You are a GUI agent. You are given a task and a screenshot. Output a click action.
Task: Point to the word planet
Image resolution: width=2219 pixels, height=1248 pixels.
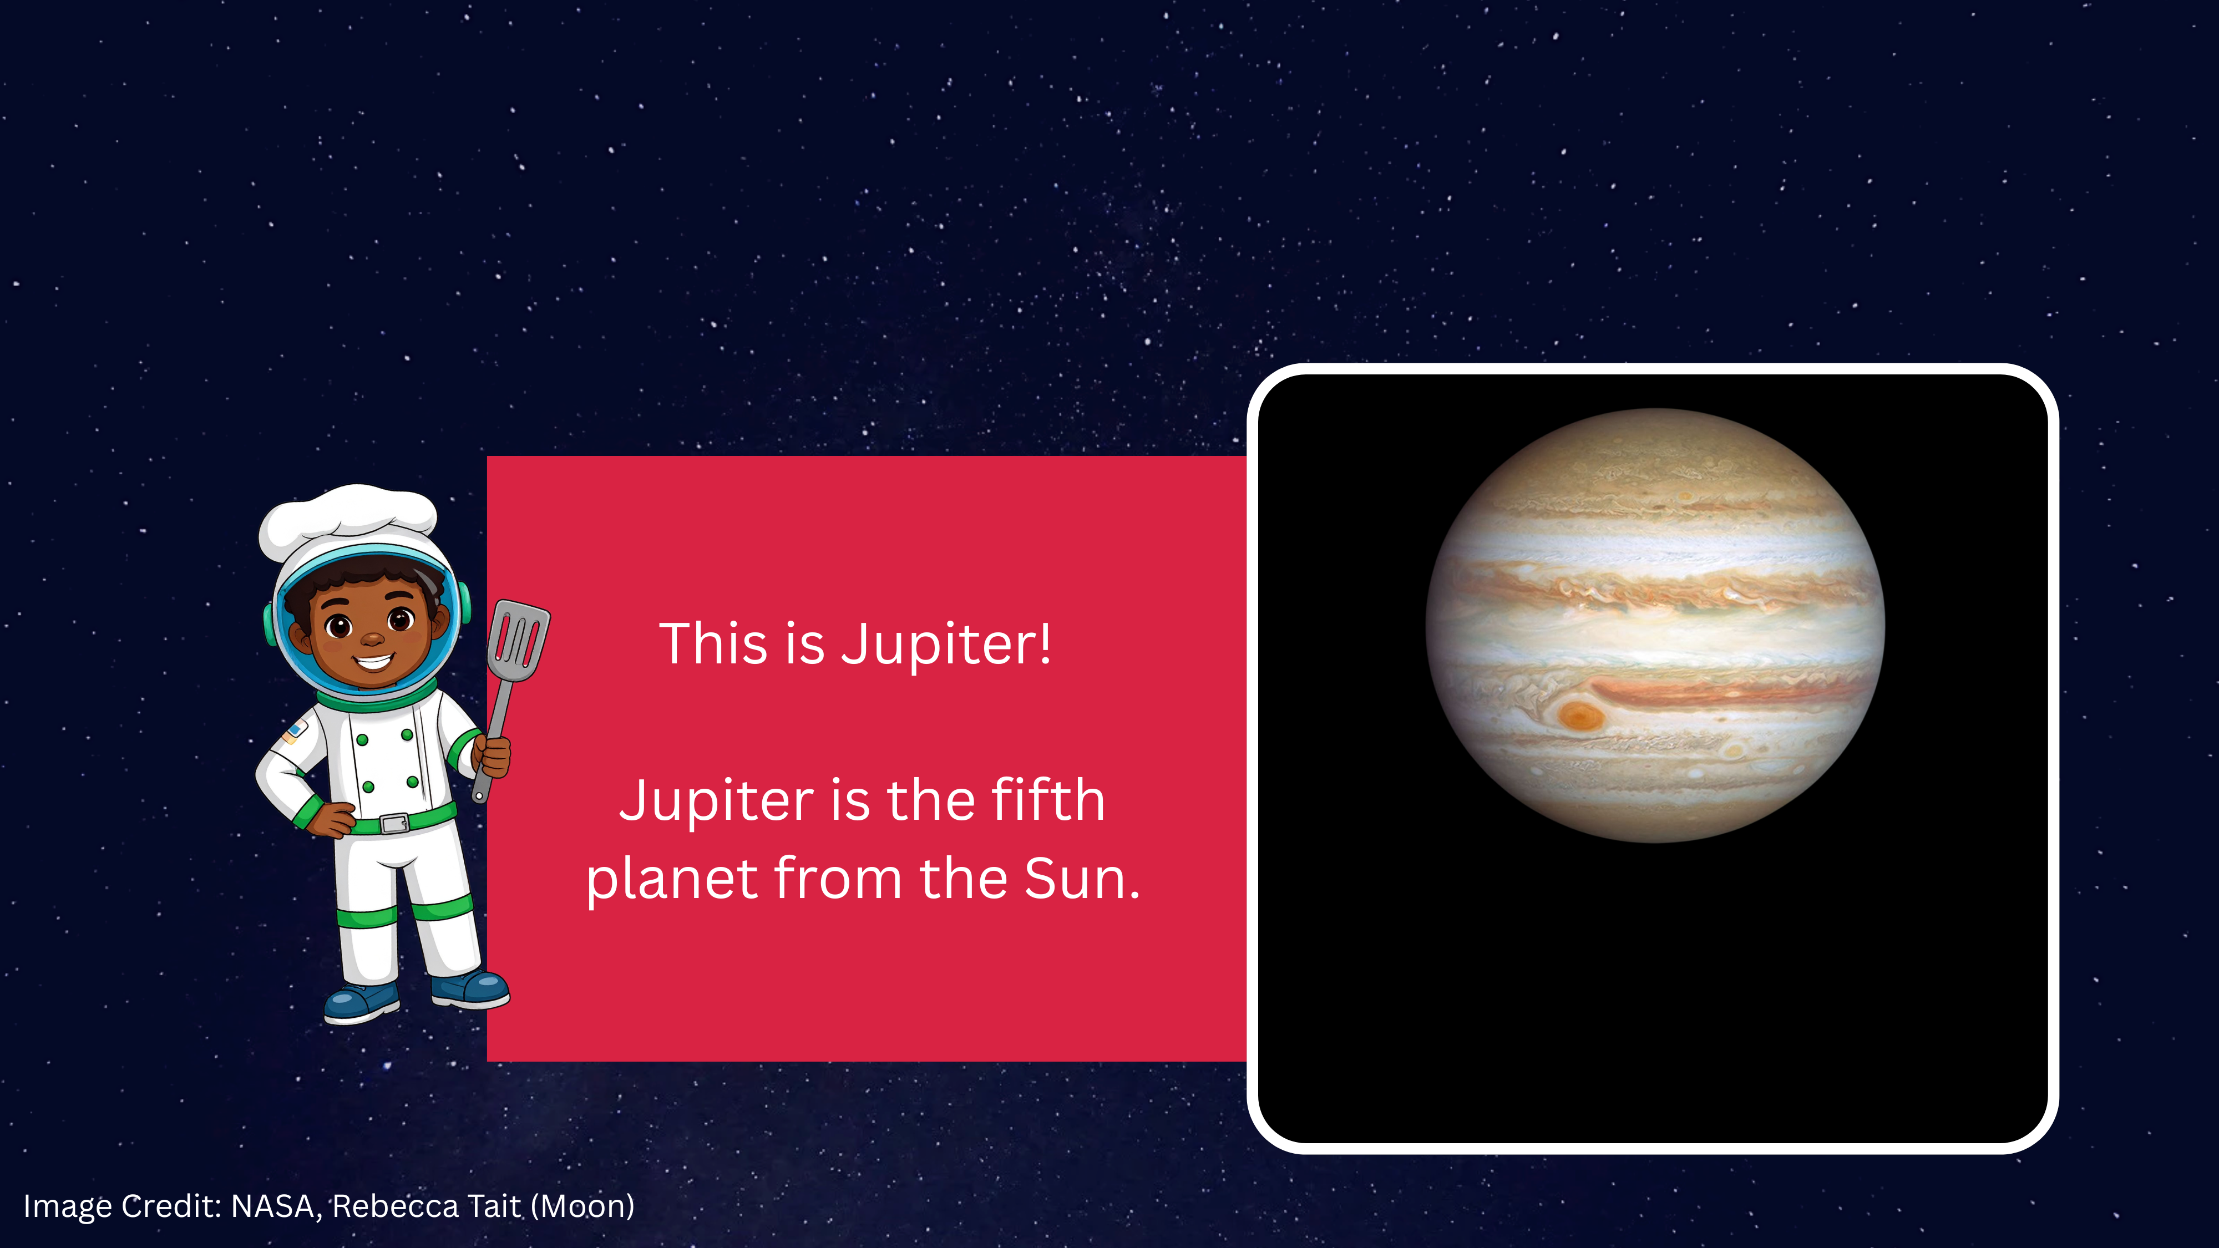[x=672, y=880]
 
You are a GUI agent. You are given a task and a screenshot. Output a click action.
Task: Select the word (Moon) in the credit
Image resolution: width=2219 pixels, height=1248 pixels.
[x=582, y=1206]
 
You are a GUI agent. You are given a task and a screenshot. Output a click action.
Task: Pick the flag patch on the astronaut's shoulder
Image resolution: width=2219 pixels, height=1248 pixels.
[x=293, y=732]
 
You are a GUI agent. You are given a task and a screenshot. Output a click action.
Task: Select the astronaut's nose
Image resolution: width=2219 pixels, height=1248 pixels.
[x=372, y=638]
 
